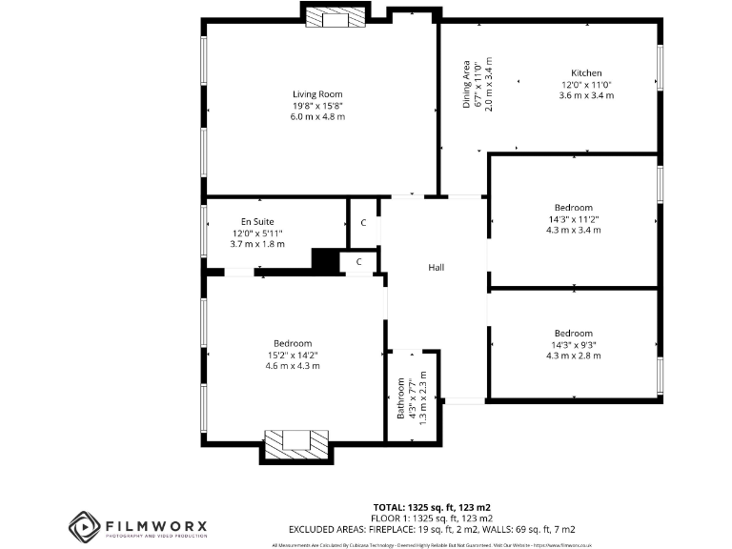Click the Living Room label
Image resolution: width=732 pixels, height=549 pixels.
[x=317, y=93]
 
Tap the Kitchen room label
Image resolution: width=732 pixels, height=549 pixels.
[x=586, y=73]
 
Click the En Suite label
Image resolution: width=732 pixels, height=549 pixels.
[x=257, y=221]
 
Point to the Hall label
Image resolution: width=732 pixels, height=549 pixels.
[x=436, y=268]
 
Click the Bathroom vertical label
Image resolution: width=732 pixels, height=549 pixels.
[x=401, y=395]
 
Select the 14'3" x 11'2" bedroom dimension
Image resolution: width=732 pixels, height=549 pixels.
[x=573, y=218]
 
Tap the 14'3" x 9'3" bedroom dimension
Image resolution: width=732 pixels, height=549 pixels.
[x=573, y=344]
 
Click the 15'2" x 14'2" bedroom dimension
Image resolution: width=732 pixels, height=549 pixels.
[x=293, y=355]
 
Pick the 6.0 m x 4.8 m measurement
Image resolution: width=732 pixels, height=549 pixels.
[x=317, y=116]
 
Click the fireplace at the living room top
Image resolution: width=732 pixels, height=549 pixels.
[x=335, y=15]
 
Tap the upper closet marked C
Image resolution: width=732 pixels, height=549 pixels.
[x=363, y=223]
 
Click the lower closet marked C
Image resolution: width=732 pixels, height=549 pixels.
[x=358, y=261]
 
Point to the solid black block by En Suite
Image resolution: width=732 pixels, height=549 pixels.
[x=327, y=260]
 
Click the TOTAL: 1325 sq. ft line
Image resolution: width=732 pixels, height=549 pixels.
[x=431, y=506]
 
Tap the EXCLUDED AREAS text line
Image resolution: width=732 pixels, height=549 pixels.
[x=431, y=528]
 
